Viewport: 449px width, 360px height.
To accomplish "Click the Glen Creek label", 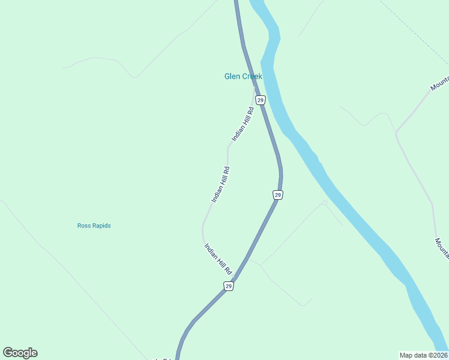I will (243, 76).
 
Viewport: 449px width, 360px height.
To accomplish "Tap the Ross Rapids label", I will (94, 226).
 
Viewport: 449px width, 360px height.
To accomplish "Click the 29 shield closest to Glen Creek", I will (260, 99).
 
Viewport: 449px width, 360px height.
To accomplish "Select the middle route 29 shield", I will (277, 195).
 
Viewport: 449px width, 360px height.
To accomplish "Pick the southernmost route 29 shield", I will (229, 286).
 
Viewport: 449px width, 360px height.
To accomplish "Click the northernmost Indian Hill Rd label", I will (243, 124).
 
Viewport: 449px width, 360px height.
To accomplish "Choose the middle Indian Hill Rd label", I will (221, 184).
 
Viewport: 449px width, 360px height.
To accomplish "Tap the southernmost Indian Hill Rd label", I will (218, 259).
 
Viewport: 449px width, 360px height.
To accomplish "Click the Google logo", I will (20, 353).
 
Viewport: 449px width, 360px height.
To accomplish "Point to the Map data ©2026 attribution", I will (423, 355).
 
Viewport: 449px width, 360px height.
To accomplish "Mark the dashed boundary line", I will (414, 33).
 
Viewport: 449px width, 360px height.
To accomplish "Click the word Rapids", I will (101, 226).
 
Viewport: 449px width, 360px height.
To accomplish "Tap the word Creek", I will (252, 76).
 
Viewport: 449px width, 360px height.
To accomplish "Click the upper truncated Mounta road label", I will (439, 83).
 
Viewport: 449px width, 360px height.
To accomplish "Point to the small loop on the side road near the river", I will (324, 203).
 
